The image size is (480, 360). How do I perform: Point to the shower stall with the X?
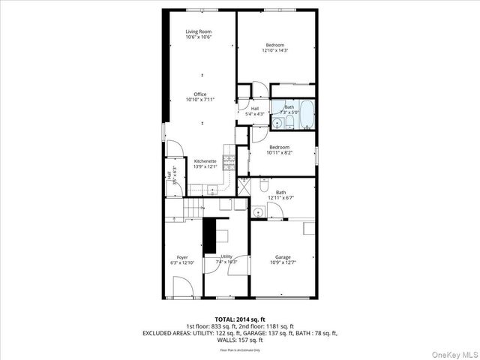pyautogui.click(x=244, y=181)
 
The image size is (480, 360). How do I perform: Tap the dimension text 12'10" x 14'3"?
pyautogui.click(x=275, y=51)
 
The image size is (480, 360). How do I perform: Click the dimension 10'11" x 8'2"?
pyautogui.click(x=280, y=152)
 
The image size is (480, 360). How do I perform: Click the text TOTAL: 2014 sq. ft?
pyautogui.click(x=240, y=319)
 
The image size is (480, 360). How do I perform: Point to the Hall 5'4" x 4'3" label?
pyautogui.click(x=254, y=111)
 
